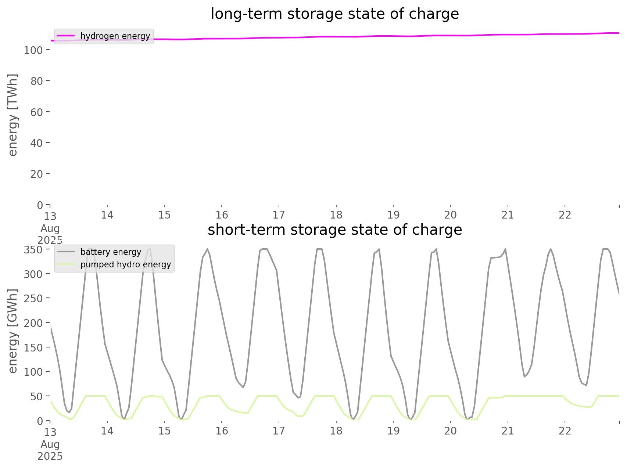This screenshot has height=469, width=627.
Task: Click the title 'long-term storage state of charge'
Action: [334, 14]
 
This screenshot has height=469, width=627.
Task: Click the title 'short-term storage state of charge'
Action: [334, 230]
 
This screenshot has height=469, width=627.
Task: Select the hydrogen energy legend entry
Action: [115, 36]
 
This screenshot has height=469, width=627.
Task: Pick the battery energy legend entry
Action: [111, 252]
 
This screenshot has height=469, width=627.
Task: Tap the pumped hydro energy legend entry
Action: [126, 264]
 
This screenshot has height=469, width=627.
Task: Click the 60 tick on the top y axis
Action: [36, 112]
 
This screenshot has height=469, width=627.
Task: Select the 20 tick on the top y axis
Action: [36, 174]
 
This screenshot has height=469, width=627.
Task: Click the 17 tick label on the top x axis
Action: [279, 215]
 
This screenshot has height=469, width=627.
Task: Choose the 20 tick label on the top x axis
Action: [451, 215]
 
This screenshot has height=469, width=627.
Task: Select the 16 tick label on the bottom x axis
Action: [222, 431]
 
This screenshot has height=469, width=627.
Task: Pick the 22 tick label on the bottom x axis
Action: [565, 431]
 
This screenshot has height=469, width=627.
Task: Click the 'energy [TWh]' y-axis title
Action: [13, 115]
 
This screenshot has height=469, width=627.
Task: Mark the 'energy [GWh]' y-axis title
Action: [13, 331]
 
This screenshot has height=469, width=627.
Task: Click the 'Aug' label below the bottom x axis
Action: [50, 444]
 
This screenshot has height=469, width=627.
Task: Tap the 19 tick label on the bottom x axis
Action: [393, 431]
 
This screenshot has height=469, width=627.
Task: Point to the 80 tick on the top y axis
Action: [36, 81]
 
